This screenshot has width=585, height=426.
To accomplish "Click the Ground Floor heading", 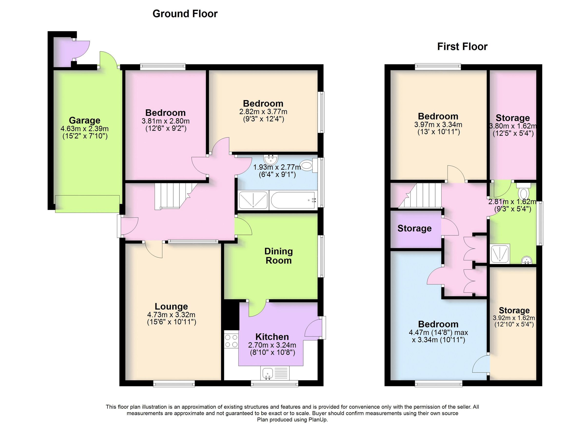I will click(x=185, y=14).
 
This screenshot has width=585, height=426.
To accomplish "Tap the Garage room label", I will click(x=84, y=120).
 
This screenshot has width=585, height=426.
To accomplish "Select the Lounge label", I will click(x=171, y=306).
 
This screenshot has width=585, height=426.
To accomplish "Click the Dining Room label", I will click(x=279, y=256).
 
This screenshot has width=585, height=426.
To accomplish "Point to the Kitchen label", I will click(x=272, y=337).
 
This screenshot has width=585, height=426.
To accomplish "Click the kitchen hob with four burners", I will click(x=231, y=341).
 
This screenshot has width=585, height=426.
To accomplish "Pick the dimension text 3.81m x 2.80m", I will click(x=165, y=121).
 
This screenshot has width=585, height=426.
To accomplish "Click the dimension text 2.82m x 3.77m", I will click(x=263, y=112).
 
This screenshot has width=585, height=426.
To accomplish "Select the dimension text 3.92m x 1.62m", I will click(x=514, y=318).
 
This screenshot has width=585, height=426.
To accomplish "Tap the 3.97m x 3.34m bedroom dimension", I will click(x=438, y=125).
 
